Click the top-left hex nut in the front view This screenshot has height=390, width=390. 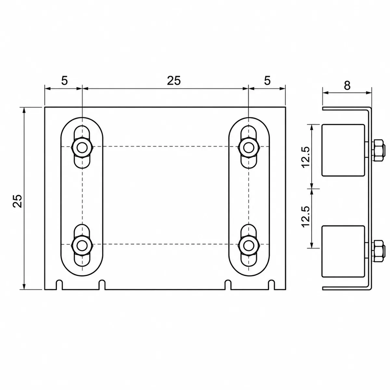[82, 148]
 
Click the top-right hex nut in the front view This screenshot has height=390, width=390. [249, 148]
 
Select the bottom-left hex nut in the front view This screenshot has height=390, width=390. [82, 246]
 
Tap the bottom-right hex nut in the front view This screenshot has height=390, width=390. [249, 246]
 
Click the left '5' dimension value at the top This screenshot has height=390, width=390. [64, 81]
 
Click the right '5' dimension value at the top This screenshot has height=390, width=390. [267, 81]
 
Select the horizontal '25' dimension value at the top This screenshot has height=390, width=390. [174, 81]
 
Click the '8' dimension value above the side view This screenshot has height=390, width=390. [347, 86]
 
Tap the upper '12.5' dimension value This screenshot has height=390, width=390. [306, 157]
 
